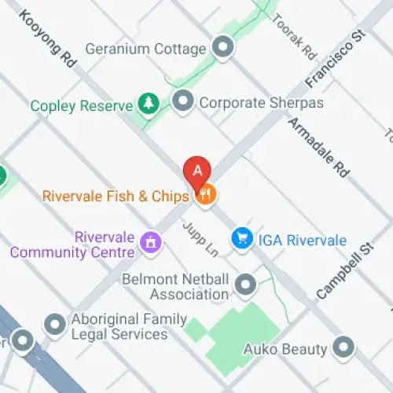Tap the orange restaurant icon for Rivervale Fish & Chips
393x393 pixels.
tap(205, 195)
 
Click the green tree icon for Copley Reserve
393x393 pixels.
tap(147, 103)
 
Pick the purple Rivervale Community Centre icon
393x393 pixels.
tap(149, 243)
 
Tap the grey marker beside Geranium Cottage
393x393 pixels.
tap(224, 48)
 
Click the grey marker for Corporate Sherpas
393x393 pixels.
tap(183, 101)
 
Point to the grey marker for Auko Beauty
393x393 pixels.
tap(343, 347)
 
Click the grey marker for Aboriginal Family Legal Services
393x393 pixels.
tap(54, 324)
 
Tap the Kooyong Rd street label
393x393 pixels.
tap(49, 42)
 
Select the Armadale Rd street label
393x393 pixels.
tap(319, 147)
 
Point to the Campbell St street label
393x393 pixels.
tap(343, 271)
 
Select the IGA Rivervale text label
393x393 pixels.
tap(303, 240)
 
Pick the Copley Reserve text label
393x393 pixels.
tap(81, 105)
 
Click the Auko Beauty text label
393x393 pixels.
tap(284, 348)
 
